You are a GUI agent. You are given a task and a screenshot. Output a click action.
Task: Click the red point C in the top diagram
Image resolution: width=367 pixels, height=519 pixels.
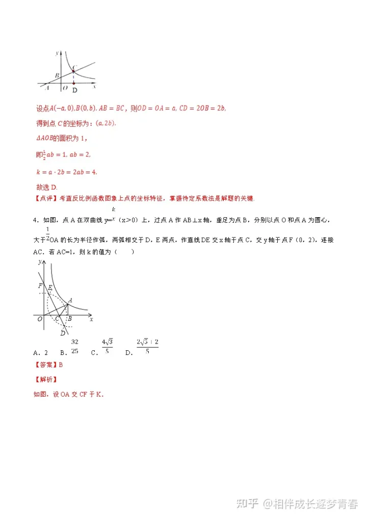(x=74, y=71)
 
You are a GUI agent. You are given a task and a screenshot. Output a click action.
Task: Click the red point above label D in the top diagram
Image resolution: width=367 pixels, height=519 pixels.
(x=74, y=83)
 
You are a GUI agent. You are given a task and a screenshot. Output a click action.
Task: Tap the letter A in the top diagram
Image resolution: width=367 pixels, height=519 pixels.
(x=47, y=88)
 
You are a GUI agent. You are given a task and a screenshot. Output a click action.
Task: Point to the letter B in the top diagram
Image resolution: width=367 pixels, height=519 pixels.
(x=57, y=75)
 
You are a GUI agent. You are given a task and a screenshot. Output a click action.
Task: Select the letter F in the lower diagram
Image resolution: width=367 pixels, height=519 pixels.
(x=40, y=286)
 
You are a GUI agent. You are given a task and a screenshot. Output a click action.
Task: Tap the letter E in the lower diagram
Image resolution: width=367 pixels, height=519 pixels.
(x=49, y=287)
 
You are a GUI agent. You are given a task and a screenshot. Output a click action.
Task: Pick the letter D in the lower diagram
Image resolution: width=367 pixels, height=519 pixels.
(x=62, y=333)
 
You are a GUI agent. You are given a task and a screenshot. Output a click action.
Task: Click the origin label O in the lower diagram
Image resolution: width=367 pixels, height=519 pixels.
(x=39, y=319)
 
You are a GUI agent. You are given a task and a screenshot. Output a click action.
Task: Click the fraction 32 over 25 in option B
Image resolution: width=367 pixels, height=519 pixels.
(x=75, y=346)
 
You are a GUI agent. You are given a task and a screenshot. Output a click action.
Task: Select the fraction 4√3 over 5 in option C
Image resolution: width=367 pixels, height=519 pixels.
(x=107, y=346)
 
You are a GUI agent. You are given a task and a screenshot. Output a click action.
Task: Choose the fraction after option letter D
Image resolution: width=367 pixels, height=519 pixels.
(x=147, y=346)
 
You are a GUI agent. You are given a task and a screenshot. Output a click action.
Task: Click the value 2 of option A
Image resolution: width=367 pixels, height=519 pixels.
(x=46, y=352)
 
